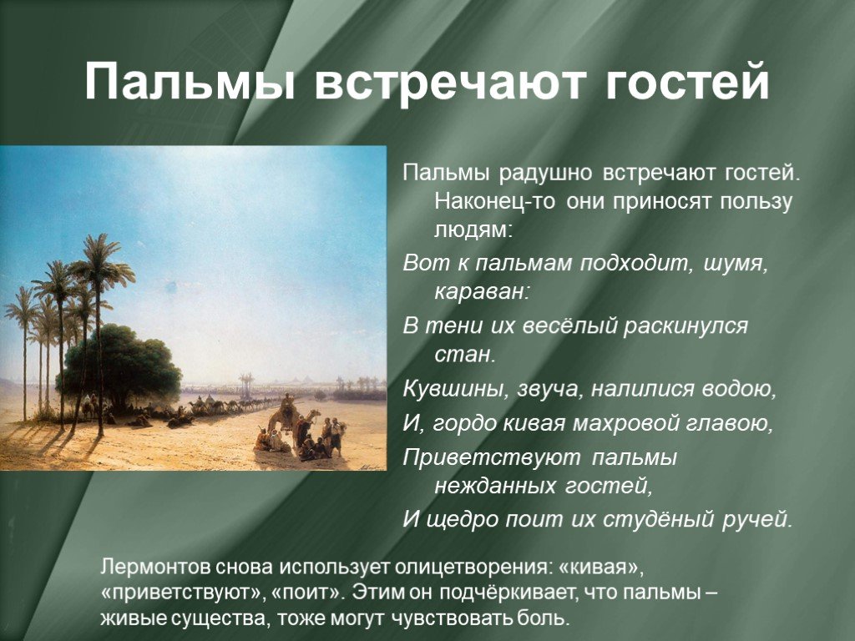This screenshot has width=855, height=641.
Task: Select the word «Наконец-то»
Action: [495, 201]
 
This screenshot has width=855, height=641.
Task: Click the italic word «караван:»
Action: [482, 292]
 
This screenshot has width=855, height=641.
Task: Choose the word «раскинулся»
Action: [686, 326]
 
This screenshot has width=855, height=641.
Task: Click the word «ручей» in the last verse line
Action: [757, 520]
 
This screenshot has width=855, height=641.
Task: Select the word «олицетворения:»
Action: [469, 567]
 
